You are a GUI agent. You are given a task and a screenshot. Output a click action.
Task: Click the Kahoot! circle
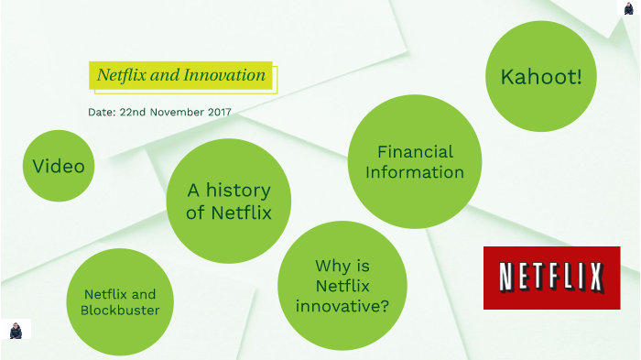tap(540, 77)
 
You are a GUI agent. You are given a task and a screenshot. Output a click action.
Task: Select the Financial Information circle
tap(415, 162)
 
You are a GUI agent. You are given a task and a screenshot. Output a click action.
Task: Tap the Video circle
tap(59, 166)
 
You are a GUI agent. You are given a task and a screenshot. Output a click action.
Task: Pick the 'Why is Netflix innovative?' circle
tap(342, 286)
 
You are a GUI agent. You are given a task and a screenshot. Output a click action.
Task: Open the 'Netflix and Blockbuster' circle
tap(119, 302)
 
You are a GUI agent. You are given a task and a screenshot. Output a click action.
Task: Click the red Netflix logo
tap(551, 278)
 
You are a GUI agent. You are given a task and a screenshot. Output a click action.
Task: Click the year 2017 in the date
tap(219, 112)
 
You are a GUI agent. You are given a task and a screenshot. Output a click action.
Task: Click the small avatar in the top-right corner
tap(629, 8)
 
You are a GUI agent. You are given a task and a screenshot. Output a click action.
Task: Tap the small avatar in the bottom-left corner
tap(16, 330)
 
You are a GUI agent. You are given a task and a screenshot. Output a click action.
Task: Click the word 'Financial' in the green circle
tap(415, 152)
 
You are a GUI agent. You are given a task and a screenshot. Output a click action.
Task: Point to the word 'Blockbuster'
tap(119, 311)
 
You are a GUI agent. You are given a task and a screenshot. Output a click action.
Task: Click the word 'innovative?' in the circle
tap(342, 305)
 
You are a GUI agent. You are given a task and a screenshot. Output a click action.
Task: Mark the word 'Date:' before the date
tap(102, 112)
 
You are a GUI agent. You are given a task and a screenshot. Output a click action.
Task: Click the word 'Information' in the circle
tap(415, 172)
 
